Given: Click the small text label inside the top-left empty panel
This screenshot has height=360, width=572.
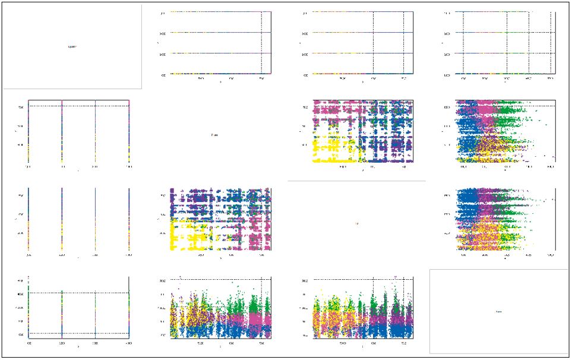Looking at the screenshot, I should [x=72, y=46].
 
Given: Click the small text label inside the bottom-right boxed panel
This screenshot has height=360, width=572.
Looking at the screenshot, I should [x=499, y=311].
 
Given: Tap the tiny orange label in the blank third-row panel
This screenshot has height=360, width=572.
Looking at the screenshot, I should [x=356, y=223].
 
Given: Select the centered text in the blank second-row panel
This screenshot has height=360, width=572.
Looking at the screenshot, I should [x=214, y=135].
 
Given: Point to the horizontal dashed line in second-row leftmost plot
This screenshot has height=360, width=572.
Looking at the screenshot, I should [x=77, y=106].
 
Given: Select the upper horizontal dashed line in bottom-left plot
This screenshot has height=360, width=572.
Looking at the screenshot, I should [x=77, y=293].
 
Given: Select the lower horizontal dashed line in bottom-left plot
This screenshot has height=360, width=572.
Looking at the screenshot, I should [x=77, y=333].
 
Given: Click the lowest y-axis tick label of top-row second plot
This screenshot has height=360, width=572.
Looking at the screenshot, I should [x=163, y=75].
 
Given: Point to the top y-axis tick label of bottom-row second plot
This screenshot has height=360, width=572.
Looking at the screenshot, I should [x=163, y=279].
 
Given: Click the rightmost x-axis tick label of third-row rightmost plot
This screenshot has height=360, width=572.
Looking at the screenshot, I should [x=550, y=256].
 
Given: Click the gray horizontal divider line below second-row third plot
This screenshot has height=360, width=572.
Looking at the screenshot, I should [x=356, y=181].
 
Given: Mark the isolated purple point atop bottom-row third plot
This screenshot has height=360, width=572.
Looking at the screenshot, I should [x=396, y=276].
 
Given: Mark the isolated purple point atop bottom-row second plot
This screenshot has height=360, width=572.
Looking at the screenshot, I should [x=180, y=276].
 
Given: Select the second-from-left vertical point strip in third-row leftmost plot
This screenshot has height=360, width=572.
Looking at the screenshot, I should [x=62, y=220].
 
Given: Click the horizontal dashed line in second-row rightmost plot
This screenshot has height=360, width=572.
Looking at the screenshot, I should [x=505, y=106].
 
